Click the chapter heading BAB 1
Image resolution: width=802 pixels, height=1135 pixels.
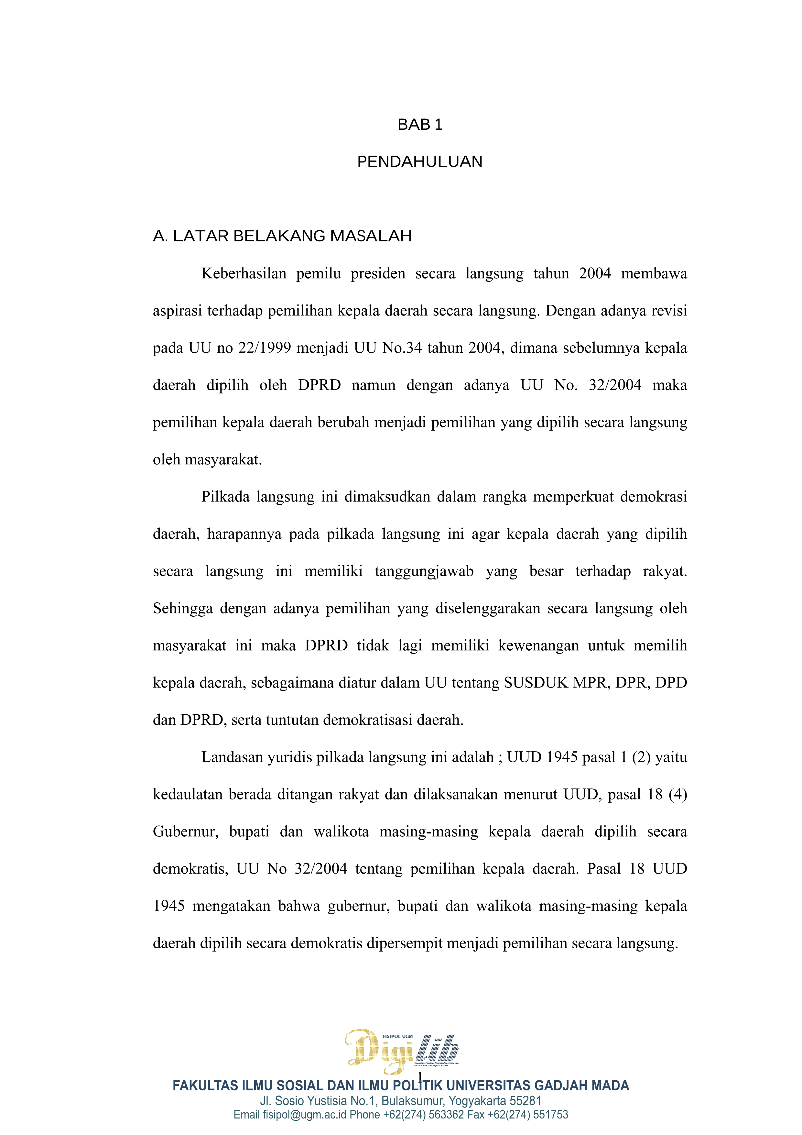(x=419, y=125)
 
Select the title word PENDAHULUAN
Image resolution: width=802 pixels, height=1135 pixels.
(x=419, y=162)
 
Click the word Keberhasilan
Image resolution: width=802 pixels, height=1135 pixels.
(x=244, y=273)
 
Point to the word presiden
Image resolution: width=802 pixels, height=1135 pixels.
(x=377, y=273)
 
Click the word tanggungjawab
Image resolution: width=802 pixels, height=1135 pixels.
(x=424, y=571)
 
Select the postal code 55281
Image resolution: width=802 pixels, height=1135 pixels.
(x=525, y=1101)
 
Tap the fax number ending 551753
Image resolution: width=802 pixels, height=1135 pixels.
(x=550, y=1115)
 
